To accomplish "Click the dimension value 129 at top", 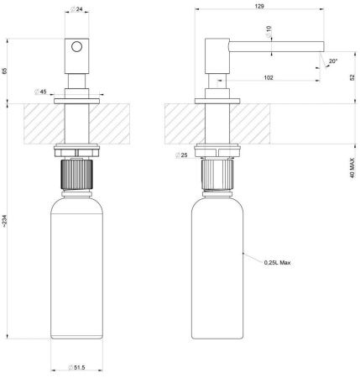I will [x=261, y=6].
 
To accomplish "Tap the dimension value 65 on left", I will [x=7, y=70].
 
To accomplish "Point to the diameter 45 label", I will [x=40, y=92].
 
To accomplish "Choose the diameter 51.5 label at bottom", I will [x=76, y=368].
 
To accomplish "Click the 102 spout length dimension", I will [x=268, y=77].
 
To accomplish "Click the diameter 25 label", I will [x=182, y=155].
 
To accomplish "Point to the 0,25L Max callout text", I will [x=276, y=262].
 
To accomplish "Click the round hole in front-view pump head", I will [x=77, y=49].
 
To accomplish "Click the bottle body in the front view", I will [x=77, y=269].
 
